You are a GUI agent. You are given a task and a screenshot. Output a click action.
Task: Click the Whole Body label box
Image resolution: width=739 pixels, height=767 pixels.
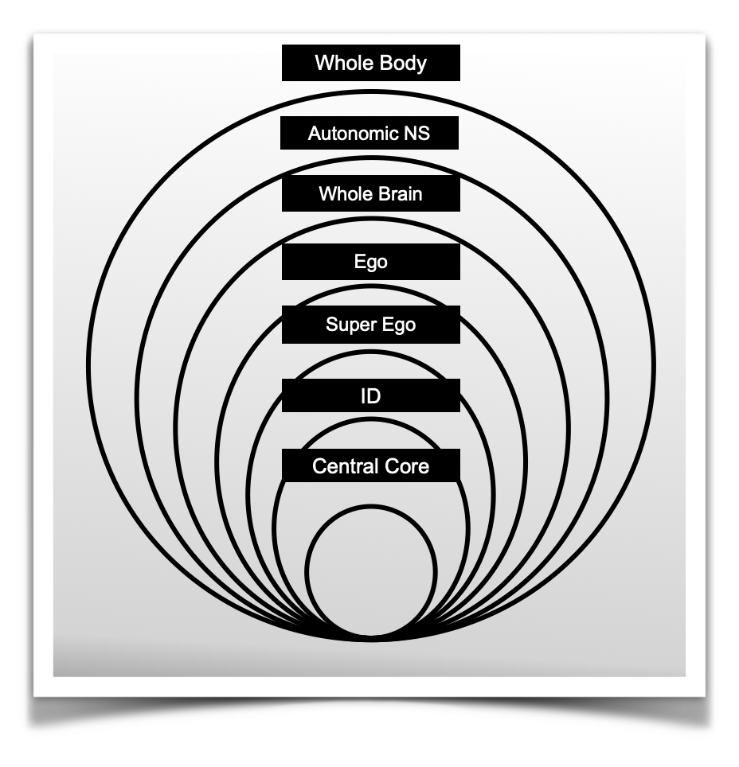pos(370,63)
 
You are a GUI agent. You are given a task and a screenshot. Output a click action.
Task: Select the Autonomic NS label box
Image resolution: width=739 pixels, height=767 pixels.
pos(369,132)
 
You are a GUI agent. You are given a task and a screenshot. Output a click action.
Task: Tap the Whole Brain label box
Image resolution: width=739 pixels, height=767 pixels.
pos(370,193)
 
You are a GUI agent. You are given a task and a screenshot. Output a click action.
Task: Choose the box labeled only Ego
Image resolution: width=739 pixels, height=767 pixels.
pos(370,262)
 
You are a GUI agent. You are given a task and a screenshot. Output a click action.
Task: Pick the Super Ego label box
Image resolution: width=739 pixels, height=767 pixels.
pos(370,325)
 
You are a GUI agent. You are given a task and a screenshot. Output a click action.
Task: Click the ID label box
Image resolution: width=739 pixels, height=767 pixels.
pos(370,395)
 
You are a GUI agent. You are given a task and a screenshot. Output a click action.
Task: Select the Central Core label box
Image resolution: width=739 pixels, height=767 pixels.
pos(370,465)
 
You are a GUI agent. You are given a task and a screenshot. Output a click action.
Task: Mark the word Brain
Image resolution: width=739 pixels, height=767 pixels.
pos(397,193)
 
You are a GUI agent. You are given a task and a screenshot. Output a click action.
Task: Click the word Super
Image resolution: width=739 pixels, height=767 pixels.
pos(349,325)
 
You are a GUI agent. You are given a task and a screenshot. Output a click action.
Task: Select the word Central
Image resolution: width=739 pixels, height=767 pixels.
pos(340,465)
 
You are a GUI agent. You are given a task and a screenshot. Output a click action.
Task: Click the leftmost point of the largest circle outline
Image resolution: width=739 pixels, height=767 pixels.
pos(88,366)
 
